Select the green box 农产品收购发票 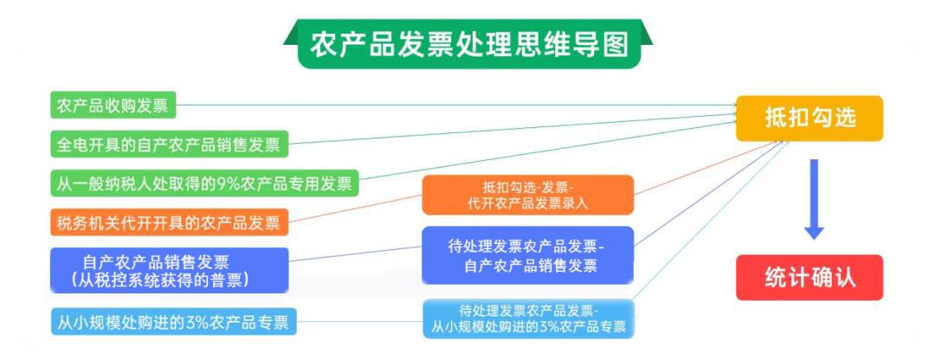113,106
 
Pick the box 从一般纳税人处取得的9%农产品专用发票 203,183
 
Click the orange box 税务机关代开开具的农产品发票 168,222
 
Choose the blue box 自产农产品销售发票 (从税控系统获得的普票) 168,270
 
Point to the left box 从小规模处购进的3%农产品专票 173,324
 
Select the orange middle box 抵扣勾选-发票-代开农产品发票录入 528,196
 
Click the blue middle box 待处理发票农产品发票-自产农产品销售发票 528,254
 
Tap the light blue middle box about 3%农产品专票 528,318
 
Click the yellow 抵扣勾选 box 809,119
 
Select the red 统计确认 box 809,277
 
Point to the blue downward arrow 813,199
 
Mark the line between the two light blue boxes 359,323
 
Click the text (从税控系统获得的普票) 161,280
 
